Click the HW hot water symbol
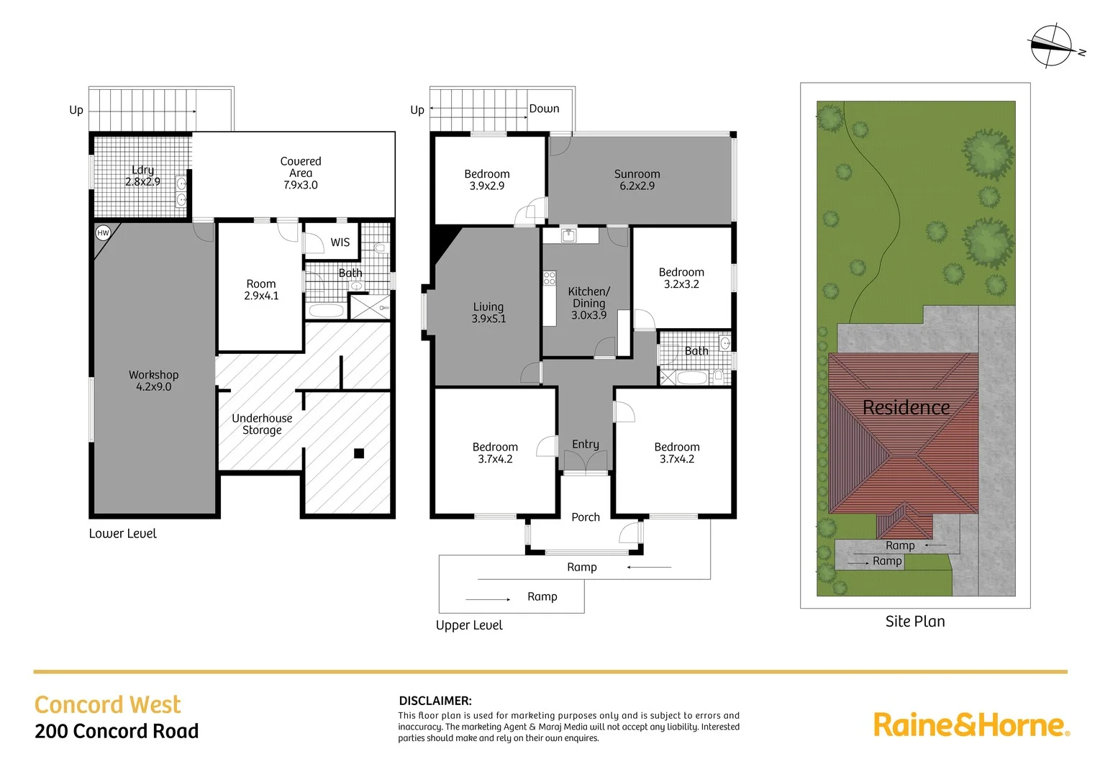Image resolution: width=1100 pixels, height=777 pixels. coord(103,233)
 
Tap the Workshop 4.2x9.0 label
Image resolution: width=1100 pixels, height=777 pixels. coord(153,381)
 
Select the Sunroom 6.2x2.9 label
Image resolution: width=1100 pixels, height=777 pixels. coord(637,180)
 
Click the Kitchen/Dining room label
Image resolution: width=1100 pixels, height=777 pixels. coord(588,303)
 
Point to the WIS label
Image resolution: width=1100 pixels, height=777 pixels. coord(340,242)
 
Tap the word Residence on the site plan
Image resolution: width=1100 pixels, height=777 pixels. coord(906,408)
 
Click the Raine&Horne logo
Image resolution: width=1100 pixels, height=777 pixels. coord(971,724)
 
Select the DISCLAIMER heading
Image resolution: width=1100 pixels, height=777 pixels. coord(435,701)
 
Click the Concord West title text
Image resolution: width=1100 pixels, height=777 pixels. coord(108,704)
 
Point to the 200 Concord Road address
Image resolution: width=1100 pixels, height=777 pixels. coord(117,731)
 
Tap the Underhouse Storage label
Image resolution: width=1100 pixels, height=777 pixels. coord(262,424)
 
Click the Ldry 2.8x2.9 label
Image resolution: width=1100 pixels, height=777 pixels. coord(142,176)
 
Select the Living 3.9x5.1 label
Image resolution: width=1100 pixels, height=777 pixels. coord(488,313)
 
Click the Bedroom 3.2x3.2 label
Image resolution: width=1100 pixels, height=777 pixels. coord(681,278)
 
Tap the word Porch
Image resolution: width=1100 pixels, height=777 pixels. coord(586,517)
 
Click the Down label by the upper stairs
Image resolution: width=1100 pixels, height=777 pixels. coord(544,109)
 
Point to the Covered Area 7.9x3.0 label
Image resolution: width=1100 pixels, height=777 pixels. coord(301,173)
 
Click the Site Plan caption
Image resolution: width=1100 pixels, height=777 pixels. coord(915,622)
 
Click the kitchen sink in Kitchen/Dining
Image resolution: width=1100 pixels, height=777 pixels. coord(569,235)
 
